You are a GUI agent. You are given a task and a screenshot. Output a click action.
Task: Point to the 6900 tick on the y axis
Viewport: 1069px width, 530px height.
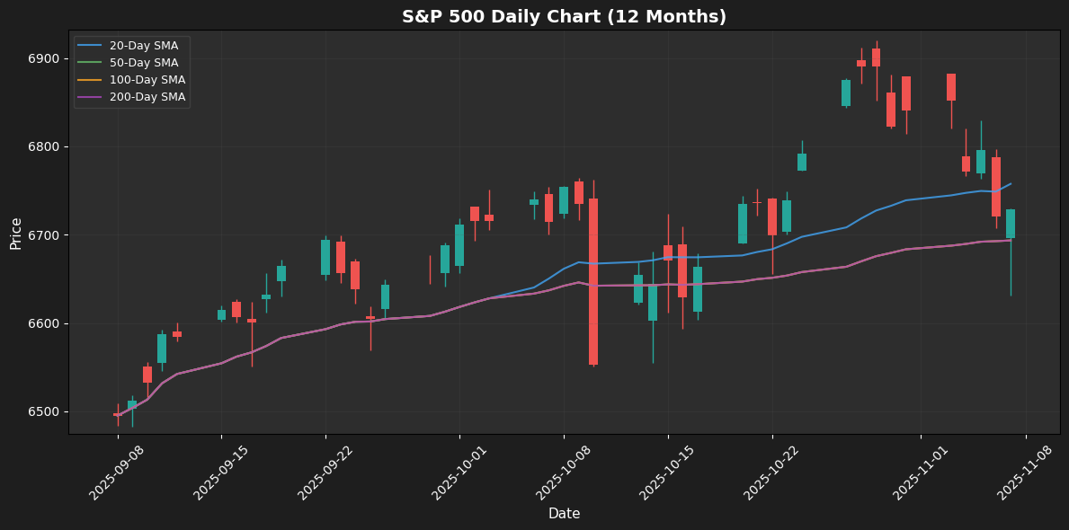point(44,59)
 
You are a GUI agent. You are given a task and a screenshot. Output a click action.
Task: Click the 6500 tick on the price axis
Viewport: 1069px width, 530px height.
point(44,412)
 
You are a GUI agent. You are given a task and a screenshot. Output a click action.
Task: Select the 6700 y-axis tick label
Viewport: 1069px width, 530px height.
point(44,235)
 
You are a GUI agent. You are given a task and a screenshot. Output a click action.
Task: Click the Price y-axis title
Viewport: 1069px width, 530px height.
point(16,233)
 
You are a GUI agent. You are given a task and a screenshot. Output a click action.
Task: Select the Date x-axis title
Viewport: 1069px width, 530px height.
point(564,514)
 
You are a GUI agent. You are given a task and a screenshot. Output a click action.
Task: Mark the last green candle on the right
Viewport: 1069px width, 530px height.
point(1011,224)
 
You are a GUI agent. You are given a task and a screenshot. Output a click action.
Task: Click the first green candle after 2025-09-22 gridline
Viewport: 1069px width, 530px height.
point(325,257)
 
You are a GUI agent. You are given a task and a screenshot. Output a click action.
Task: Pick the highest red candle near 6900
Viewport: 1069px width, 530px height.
point(876,57)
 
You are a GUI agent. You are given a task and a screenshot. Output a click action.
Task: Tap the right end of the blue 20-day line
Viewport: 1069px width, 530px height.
point(1011,183)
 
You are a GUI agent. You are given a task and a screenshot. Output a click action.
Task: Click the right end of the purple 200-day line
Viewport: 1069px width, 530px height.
point(1011,240)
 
